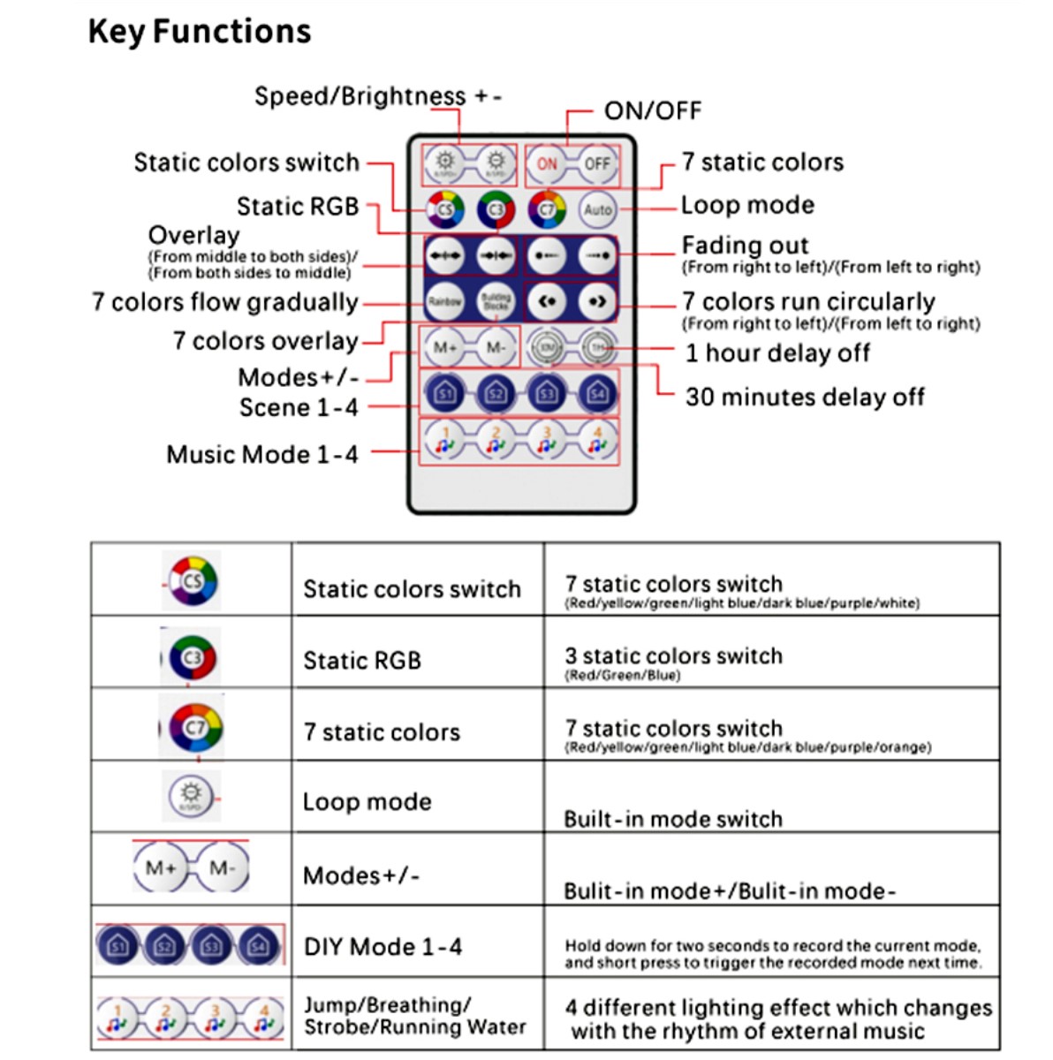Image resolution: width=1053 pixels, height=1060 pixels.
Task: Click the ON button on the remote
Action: (x=547, y=163)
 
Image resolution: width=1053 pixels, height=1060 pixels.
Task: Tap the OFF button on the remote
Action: (x=597, y=163)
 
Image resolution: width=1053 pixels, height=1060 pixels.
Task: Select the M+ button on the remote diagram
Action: (x=445, y=348)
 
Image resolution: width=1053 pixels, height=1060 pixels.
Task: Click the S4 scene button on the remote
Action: (x=597, y=393)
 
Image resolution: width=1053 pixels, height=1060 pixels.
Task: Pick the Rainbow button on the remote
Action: (x=445, y=302)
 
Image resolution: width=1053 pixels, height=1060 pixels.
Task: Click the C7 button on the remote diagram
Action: (x=547, y=210)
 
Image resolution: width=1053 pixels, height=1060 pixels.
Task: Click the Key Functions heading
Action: (x=200, y=32)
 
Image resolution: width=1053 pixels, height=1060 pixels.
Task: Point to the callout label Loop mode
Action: (x=747, y=205)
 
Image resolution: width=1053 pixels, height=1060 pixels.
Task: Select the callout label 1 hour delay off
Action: (x=777, y=353)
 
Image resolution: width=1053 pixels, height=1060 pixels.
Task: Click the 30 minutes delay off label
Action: (x=805, y=397)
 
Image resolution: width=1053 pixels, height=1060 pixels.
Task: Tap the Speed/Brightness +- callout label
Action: (x=378, y=95)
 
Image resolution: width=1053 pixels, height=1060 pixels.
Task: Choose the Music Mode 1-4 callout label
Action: (x=262, y=454)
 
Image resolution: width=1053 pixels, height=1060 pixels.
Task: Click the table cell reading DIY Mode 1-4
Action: (x=383, y=947)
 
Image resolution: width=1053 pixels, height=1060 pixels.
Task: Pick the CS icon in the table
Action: (x=193, y=580)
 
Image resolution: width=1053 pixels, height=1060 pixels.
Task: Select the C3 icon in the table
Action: (x=193, y=658)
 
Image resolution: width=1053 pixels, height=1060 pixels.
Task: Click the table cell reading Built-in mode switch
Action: (x=673, y=819)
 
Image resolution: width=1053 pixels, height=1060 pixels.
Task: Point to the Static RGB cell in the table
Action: (x=362, y=661)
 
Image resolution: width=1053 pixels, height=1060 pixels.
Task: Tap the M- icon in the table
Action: (x=222, y=868)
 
